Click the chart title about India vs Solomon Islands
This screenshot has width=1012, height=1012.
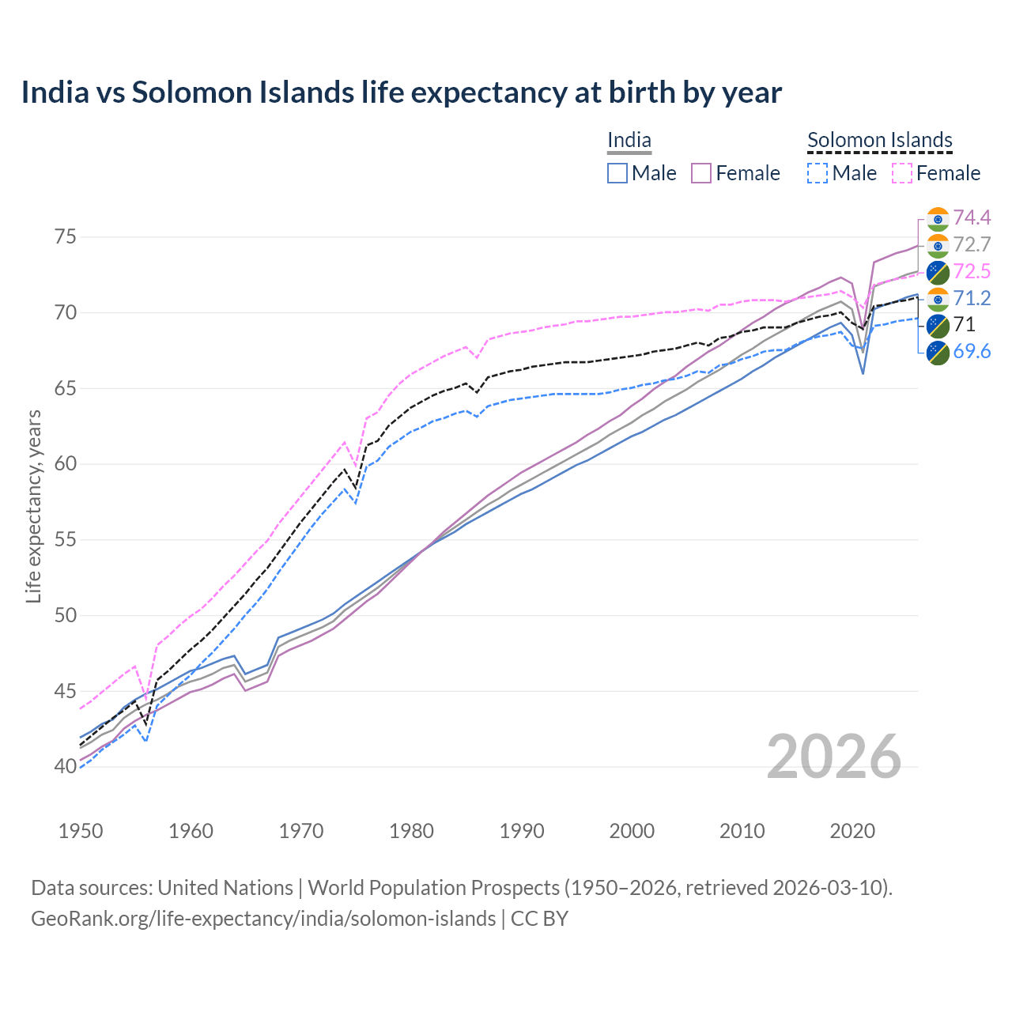(x=401, y=93)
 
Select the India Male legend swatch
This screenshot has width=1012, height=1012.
(x=617, y=173)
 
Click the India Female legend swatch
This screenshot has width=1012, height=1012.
(x=701, y=173)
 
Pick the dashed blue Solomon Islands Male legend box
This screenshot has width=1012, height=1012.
(x=818, y=173)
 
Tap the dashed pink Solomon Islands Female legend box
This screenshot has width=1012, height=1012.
(x=902, y=173)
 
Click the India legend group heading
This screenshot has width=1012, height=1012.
(x=629, y=141)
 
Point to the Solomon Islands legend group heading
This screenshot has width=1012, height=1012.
(x=879, y=141)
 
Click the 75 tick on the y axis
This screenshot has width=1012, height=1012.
(x=66, y=237)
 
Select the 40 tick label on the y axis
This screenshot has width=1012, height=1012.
(x=66, y=766)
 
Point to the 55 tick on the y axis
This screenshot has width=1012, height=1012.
(x=66, y=540)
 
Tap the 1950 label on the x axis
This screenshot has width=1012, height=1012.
(x=81, y=831)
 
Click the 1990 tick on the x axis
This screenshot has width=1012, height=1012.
(x=522, y=831)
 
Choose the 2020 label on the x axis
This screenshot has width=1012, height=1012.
(x=852, y=831)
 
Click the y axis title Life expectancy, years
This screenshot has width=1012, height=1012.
(x=34, y=506)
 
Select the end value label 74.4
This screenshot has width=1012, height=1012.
(x=972, y=217)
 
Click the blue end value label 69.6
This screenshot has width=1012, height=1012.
(x=972, y=352)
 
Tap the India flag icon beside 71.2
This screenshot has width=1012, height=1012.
(x=938, y=299)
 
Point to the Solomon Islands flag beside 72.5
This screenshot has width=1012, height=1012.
(x=938, y=272)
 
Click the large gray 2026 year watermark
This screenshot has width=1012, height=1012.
(x=833, y=757)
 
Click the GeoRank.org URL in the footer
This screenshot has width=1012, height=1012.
(x=263, y=919)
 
